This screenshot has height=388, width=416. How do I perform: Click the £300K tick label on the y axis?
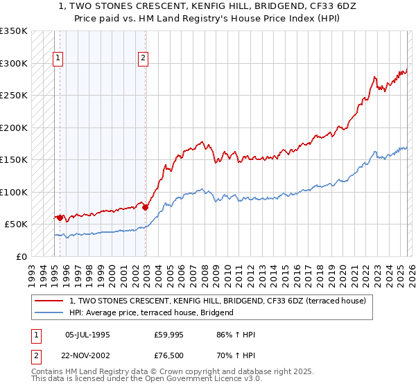[14, 64]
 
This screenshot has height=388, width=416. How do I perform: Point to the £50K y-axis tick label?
[16, 224]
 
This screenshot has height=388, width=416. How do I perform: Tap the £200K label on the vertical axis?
[14, 128]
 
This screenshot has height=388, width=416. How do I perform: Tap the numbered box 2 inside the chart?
[143, 59]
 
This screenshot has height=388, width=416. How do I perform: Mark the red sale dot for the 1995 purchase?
[60, 218]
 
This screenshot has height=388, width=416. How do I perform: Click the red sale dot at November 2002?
[145, 207]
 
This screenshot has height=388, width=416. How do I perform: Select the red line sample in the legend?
[50, 301]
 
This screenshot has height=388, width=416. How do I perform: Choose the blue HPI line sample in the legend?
[50, 312]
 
